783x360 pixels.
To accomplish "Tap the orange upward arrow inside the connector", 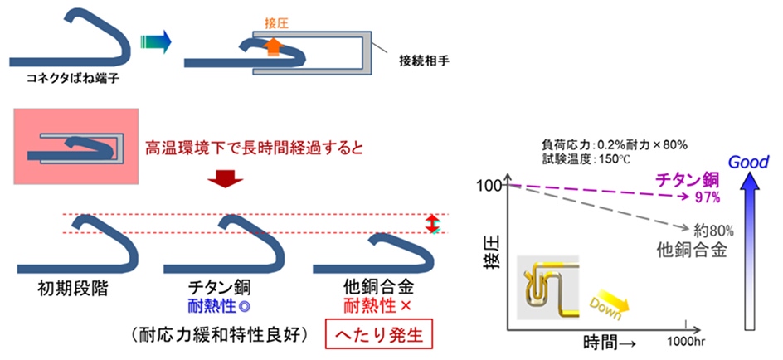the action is coord(272,48).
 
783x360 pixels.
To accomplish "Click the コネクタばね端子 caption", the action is coord(72,79).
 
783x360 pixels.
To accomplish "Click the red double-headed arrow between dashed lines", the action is coord(432,223).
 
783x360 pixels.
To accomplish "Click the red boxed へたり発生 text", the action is coord(380,334).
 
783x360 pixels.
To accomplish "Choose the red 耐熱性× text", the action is coord(377,305).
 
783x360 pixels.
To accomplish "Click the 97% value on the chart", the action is coord(707,199).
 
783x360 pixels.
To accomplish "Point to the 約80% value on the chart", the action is coord(713,231).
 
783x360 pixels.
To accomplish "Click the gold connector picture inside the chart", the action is coord(547,287).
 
